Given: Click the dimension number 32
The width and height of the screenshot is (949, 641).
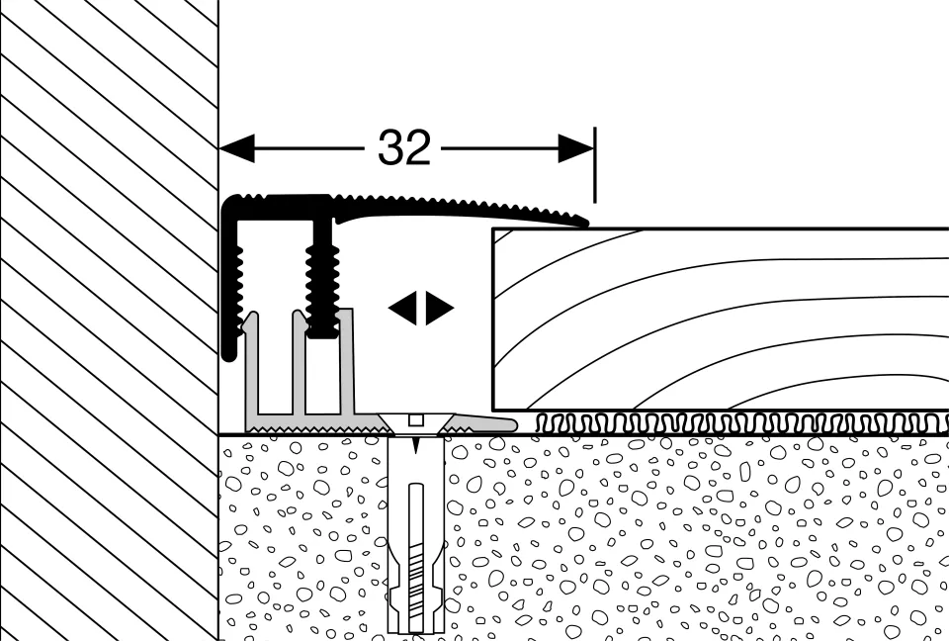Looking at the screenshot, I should tap(404, 149).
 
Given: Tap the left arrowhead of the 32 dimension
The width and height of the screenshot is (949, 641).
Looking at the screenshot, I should tap(236, 149).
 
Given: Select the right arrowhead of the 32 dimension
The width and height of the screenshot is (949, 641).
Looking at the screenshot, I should tap(575, 149).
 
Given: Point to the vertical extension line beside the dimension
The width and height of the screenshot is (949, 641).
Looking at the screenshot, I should tap(594, 163).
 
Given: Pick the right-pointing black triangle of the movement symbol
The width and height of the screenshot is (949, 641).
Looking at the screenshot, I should tap(440, 309).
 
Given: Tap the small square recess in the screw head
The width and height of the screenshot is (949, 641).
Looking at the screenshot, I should tap(414, 417).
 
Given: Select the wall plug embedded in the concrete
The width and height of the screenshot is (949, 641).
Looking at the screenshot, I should tap(414, 554).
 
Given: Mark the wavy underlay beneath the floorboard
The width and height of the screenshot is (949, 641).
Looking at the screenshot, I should tap(741, 423).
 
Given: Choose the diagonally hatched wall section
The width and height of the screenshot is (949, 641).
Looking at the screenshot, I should tap(109, 317).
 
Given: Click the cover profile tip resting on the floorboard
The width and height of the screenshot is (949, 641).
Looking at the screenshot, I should tap(573, 220).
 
